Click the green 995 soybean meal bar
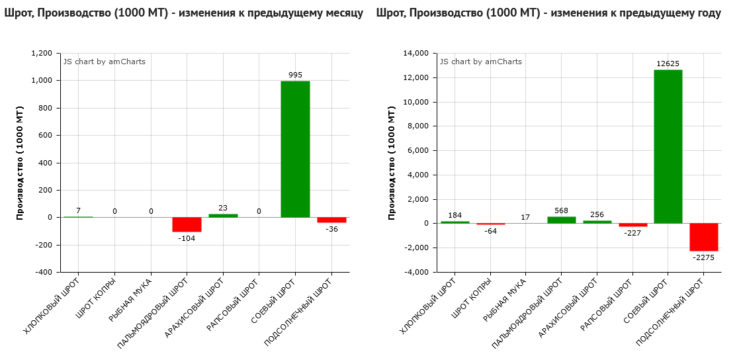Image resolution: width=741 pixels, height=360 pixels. [x=295, y=149]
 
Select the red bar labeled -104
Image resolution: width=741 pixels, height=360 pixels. [x=187, y=224]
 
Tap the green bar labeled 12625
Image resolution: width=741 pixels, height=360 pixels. [x=668, y=146]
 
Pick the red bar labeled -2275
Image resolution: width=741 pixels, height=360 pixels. [x=703, y=237]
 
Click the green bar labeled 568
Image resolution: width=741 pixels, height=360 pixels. [x=561, y=220]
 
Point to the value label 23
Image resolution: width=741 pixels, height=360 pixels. [x=223, y=208]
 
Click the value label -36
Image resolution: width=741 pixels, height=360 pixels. [x=331, y=229]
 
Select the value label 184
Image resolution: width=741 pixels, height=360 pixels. [x=455, y=215]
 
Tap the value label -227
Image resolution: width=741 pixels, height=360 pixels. [x=633, y=233]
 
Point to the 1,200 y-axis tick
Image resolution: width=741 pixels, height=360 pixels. [x=42, y=53]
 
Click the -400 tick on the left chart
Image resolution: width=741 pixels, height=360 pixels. [x=44, y=272]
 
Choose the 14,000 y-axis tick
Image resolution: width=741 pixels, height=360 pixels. [x=415, y=53]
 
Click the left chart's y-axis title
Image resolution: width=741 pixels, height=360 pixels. [x=20, y=162]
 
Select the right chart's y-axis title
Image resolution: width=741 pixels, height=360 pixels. [x=392, y=162]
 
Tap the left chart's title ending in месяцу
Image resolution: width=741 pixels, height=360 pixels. [x=183, y=13]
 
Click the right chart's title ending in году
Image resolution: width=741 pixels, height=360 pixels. [x=548, y=13]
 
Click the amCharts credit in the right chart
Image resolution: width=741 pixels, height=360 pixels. [x=481, y=62]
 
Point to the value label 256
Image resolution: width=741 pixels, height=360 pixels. [x=597, y=214]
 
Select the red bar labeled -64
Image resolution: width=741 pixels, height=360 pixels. [x=490, y=224]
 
